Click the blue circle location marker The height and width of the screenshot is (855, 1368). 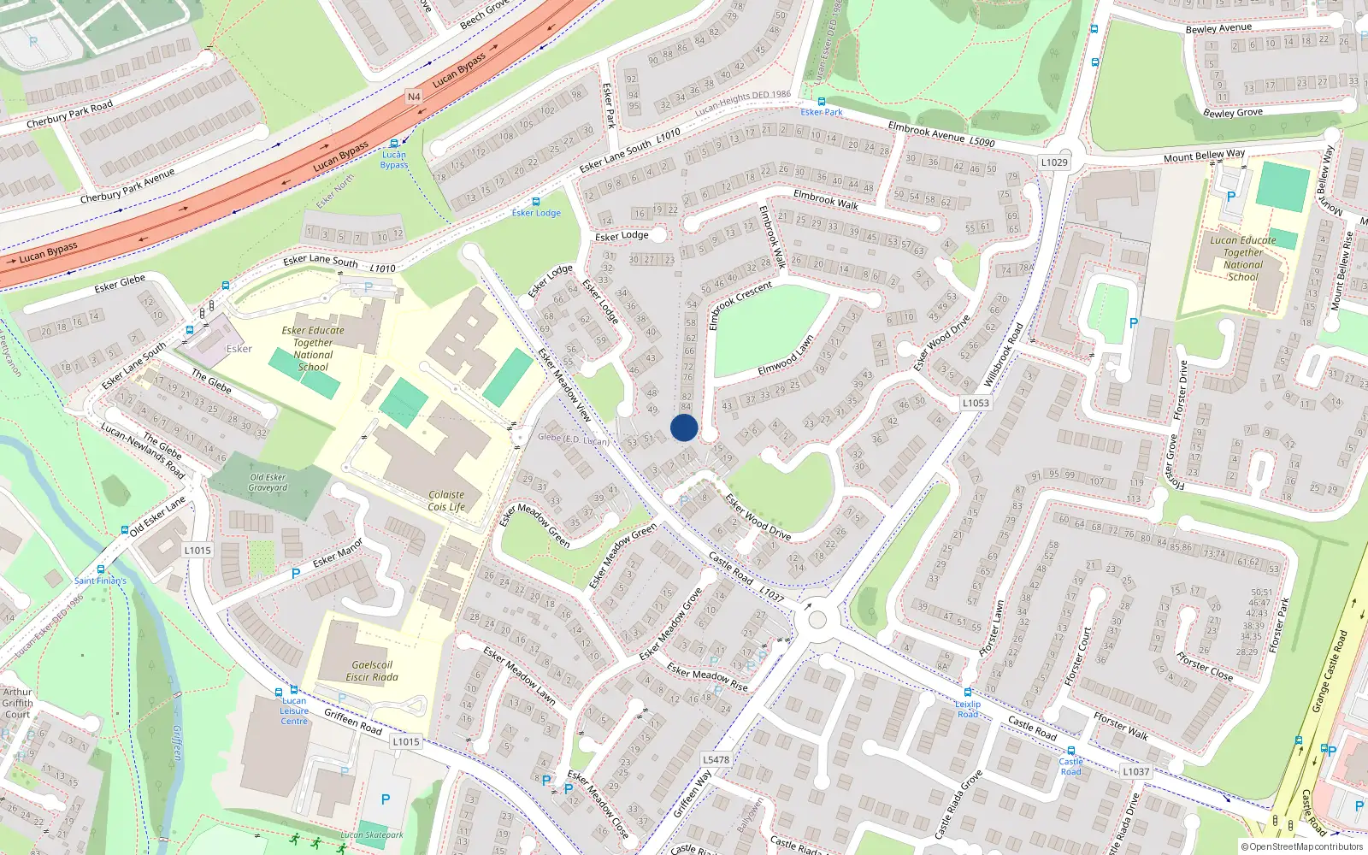click(x=684, y=427)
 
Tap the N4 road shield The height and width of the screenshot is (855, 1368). click(x=414, y=97)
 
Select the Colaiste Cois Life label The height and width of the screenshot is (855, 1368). click(x=446, y=501)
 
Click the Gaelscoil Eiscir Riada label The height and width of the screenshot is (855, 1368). click(x=372, y=671)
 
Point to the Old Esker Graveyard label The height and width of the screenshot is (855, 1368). click(x=268, y=483)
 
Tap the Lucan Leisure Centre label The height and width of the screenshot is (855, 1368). click(x=294, y=711)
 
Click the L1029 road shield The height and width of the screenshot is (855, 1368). click(x=1054, y=162)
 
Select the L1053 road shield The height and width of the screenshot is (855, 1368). click(x=976, y=403)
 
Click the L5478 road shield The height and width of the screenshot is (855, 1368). click(x=716, y=759)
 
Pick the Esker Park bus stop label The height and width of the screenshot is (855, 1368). click(x=822, y=112)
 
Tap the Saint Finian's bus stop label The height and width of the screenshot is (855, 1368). click(x=100, y=581)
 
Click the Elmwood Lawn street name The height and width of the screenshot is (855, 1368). click(x=786, y=356)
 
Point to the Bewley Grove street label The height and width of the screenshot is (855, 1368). click(x=1232, y=113)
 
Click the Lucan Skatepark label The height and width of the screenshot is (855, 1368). click(x=372, y=835)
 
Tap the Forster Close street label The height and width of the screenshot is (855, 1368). click(x=1204, y=666)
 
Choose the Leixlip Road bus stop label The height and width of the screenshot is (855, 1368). click(x=968, y=710)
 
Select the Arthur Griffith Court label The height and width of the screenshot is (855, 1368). click(x=17, y=703)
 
